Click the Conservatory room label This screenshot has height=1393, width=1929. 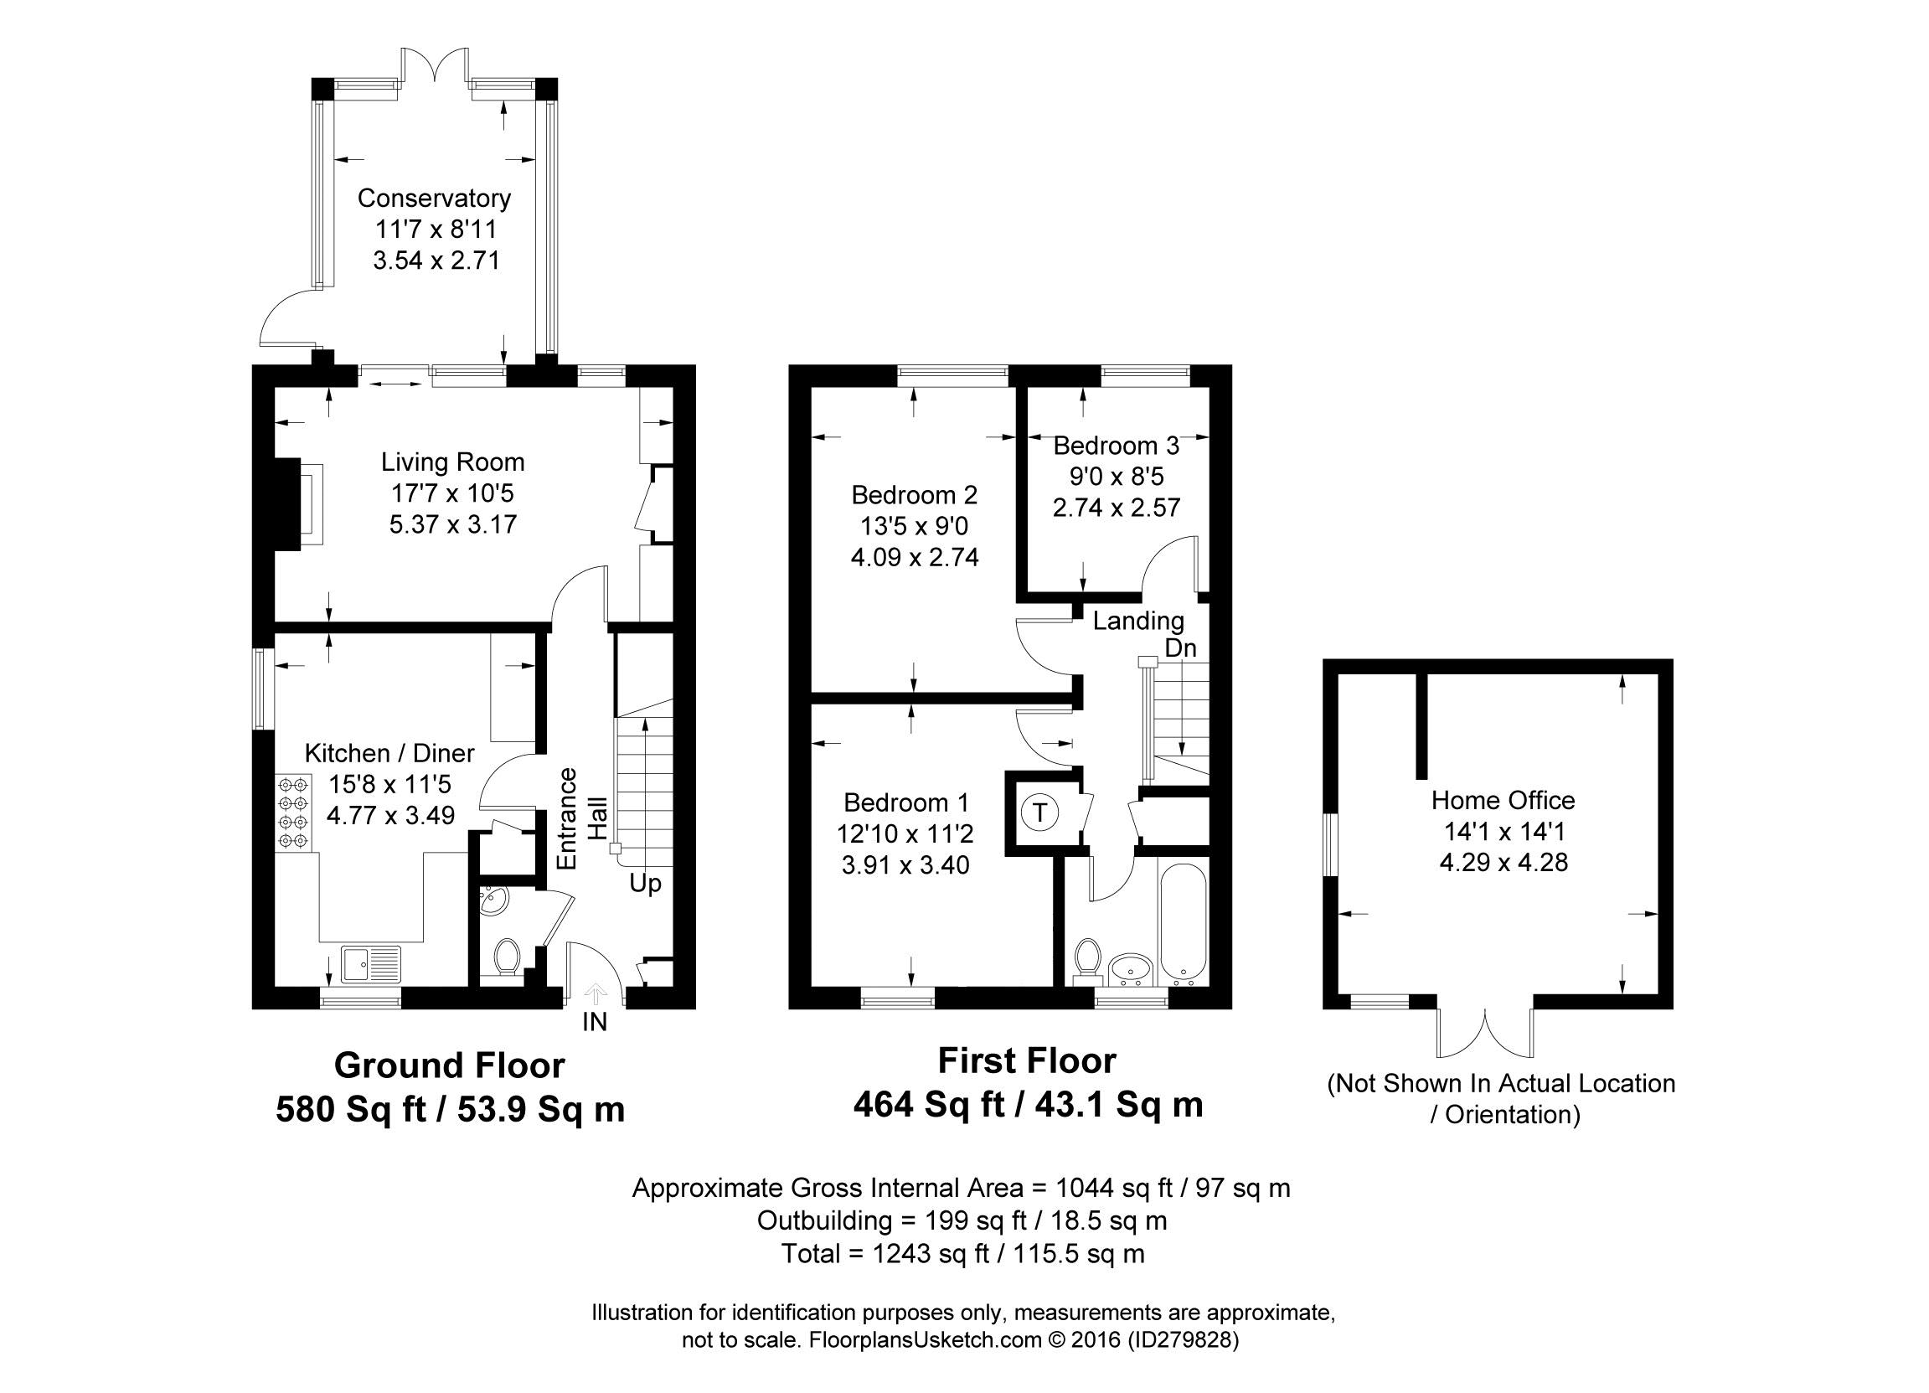pos(434,199)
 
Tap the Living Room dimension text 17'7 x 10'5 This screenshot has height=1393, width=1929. pos(452,493)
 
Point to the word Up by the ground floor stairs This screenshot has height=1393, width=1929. pos(646,885)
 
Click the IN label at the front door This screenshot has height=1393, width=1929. pos(595,1022)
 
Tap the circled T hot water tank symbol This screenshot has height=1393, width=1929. pos(1039,813)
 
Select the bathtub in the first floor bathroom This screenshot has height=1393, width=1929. pos(1183,925)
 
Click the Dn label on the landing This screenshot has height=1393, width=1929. pos(1180,648)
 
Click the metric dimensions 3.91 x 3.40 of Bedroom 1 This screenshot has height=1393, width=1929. pos(905,865)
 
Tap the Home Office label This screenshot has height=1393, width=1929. pos(1503,800)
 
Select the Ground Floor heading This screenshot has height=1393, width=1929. pos(449,1065)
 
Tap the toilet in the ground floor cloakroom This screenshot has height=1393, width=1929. pos(507,956)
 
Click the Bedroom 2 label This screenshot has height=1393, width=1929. pos(915,495)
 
